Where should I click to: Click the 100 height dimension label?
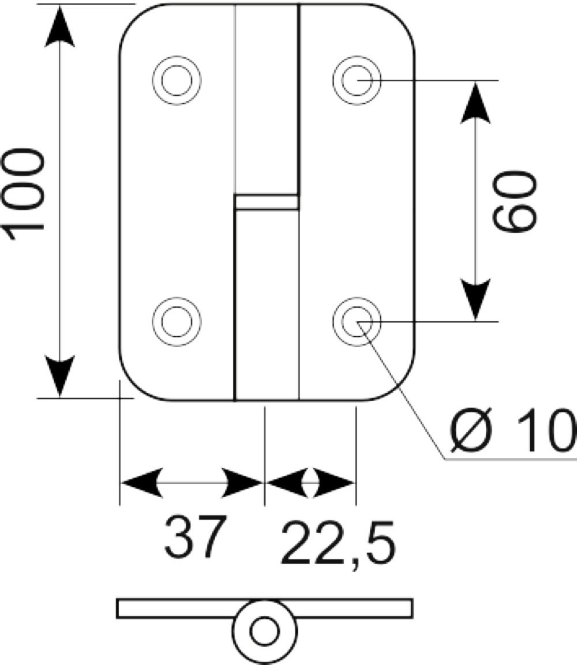pyautogui.click(x=23, y=194)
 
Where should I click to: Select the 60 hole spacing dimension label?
pyautogui.click(x=514, y=201)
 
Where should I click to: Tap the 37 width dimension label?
pyautogui.click(x=193, y=536)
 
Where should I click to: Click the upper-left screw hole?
pyautogui.click(x=177, y=80)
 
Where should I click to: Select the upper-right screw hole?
pyautogui.click(x=357, y=80)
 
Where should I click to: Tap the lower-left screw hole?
pyautogui.click(x=177, y=321)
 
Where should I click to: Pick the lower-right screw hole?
pyautogui.click(x=357, y=321)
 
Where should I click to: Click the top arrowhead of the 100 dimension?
pyautogui.click(x=60, y=25)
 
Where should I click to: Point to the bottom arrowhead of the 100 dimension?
pyautogui.click(x=60, y=377)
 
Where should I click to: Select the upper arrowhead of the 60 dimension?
pyautogui.click(x=475, y=103)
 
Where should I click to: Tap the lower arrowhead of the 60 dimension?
pyautogui.click(x=475, y=299)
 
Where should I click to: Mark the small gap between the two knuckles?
pyautogui.click(x=267, y=202)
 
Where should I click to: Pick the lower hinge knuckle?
pyautogui.click(x=267, y=305)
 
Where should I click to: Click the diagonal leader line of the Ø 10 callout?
pyautogui.click(x=401, y=390)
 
